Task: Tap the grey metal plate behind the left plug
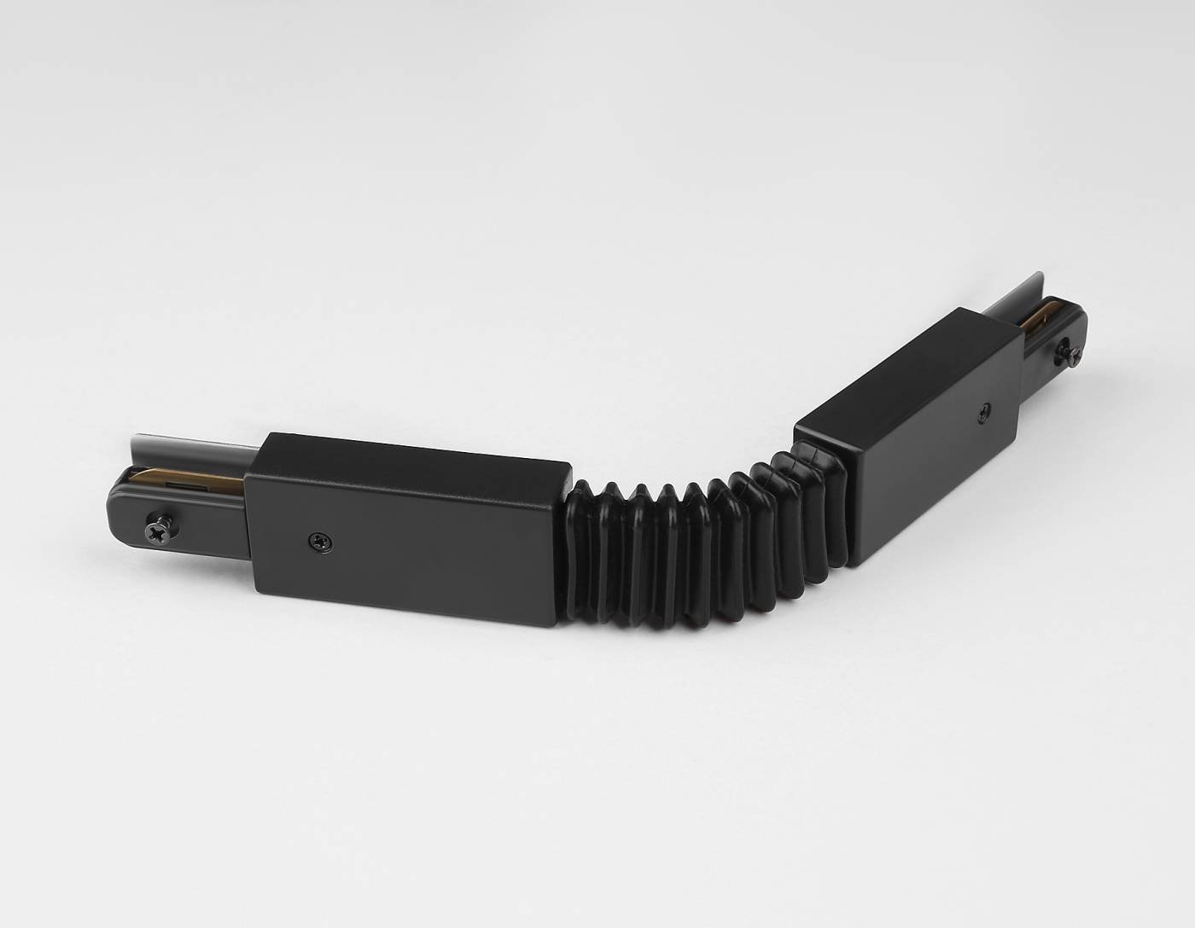(x=188, y=448)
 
